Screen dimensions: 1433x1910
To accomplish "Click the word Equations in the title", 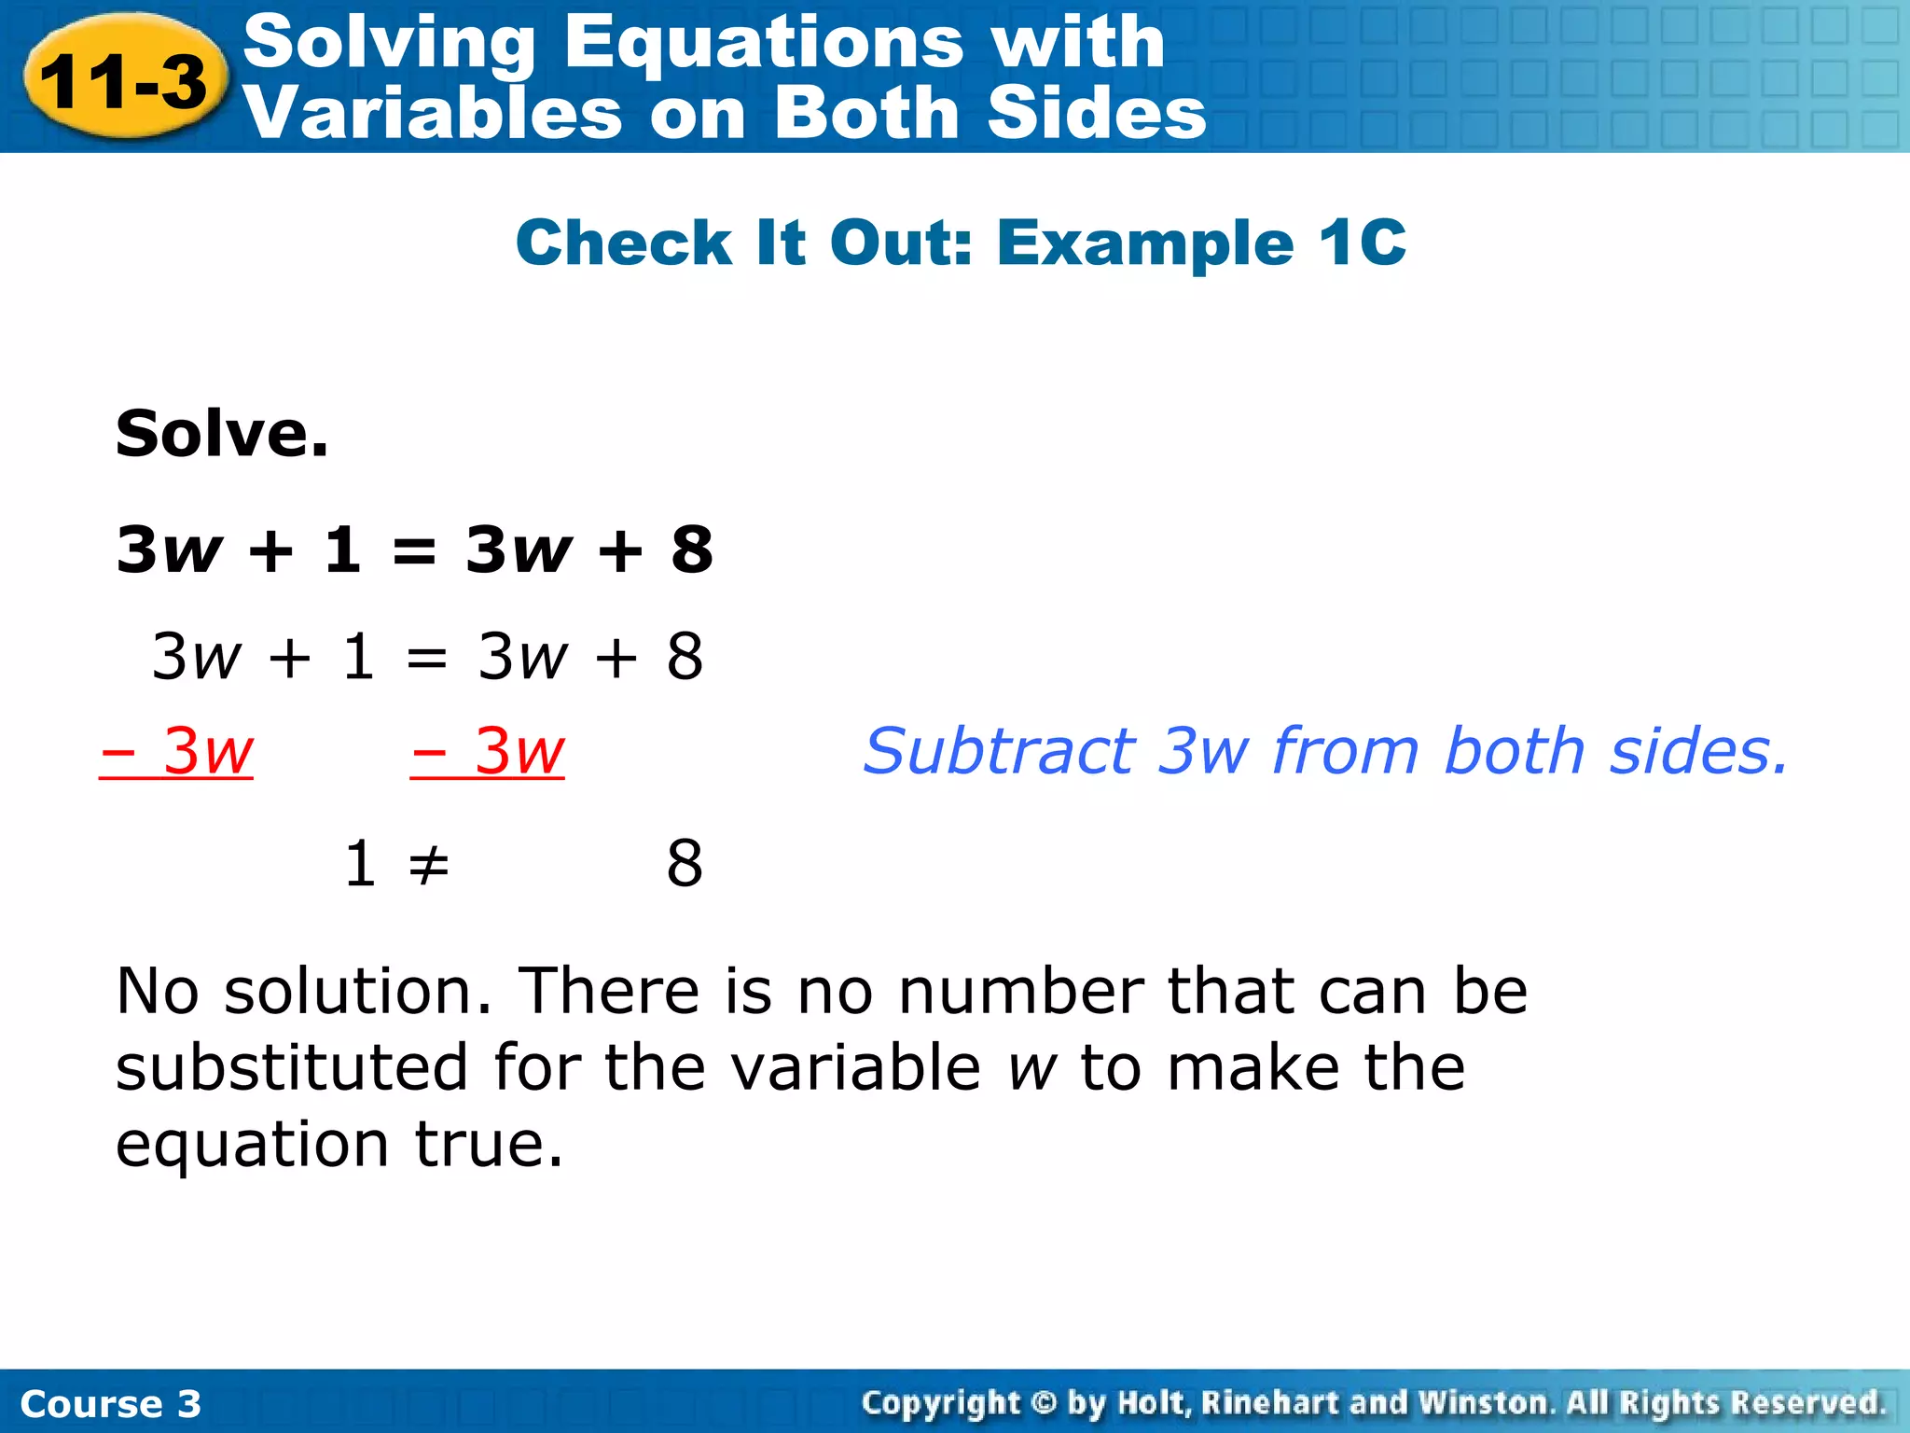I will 763,43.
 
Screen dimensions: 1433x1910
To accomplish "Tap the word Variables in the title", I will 431,114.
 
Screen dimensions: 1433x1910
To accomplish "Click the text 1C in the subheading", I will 1362,243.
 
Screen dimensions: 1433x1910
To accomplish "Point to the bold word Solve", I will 222,435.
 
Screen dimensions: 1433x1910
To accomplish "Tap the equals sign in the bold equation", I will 414,551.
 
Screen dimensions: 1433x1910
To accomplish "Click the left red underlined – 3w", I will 177,751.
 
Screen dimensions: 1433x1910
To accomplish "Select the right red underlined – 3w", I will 488,751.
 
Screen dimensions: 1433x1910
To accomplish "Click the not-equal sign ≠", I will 429,864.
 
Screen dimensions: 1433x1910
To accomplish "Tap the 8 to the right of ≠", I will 685,864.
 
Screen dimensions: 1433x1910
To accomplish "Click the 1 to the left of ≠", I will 360,864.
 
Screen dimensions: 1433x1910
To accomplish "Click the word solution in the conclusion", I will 358,991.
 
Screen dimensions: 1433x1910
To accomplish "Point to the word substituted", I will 292,1067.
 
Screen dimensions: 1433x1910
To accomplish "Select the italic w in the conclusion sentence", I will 1031,1069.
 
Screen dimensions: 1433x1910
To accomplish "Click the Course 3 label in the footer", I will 110,1404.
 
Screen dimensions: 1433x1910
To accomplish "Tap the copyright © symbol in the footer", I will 1044,1403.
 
